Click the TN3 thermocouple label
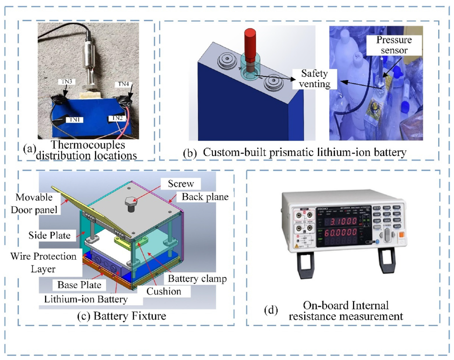point(66,82)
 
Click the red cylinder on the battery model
point(250,43)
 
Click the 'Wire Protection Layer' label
point(43,262)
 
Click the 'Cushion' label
point(165,291)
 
